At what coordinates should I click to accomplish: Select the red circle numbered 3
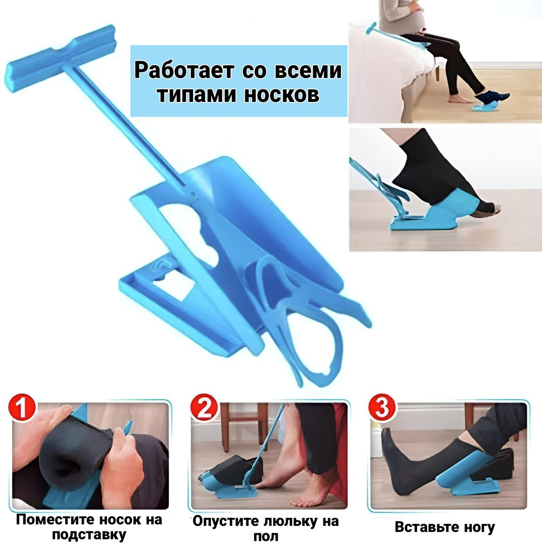pos(382,408)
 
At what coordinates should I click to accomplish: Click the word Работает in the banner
pos(183,71)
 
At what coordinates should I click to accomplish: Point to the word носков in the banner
pos(281,94)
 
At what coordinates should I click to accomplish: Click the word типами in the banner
pos(197,94)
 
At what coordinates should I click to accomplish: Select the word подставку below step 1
pos(89,535)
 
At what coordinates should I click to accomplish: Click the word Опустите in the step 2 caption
pos(225,521)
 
